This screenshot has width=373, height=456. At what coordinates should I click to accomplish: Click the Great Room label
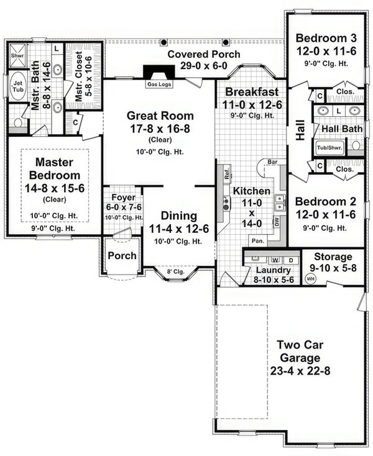(x=160, y=116)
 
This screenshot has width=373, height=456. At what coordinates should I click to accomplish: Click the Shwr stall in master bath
(x=17, y=55)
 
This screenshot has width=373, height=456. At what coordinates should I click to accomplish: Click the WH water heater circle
(x=311, y=278)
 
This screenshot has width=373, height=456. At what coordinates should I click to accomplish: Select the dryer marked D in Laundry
(x=290, y=260)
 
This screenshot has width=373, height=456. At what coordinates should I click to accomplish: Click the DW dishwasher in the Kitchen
(x=275, y=221)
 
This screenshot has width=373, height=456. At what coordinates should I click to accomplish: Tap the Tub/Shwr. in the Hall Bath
(x=329, y=148)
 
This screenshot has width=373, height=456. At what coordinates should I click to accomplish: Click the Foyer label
(x=121, y=197)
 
